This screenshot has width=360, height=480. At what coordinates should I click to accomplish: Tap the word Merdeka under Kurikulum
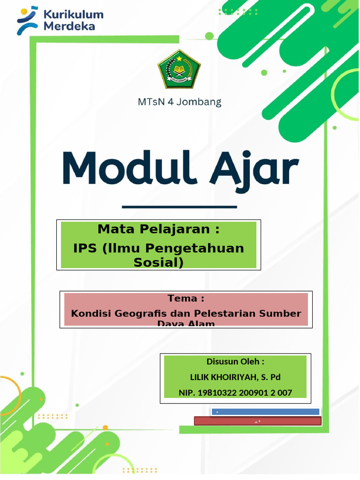(69, 26)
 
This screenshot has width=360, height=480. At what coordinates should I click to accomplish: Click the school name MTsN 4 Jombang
(180, 102)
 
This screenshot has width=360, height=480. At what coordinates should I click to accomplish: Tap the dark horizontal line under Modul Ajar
(179, 206)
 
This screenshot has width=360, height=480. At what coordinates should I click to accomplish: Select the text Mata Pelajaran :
(158, 229)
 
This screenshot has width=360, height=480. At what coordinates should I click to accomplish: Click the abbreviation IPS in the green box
(85, 248)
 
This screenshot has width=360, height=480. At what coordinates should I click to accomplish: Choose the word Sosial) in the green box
(158, 262)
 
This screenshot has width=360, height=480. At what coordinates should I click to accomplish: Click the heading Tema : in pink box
(186, 299)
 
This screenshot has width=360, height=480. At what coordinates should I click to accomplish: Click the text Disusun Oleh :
(235, 362)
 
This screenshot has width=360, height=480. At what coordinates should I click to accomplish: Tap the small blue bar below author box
(265, 412)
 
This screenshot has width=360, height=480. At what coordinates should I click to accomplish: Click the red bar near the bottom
(257, 421)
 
